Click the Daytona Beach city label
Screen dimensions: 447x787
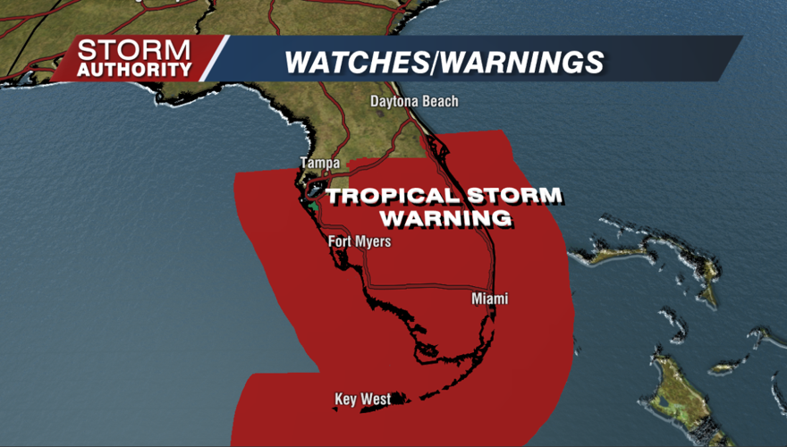[414, 102]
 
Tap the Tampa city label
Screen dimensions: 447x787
[319, 163]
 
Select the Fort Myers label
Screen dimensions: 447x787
[360, 241]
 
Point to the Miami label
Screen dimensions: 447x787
[489, 299]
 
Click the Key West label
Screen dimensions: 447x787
[362, 399]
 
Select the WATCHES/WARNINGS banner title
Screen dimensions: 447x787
[444, 62]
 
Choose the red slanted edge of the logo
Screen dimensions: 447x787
[213, 58]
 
